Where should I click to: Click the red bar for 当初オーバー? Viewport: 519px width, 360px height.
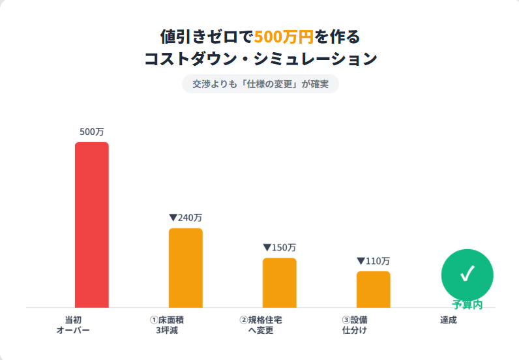coord(91,224)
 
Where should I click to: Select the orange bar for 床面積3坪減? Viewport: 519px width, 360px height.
coord(185,267)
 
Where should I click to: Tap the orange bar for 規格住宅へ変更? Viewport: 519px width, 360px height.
coord(279,282)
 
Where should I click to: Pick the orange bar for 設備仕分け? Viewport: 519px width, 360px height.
coord(373,289)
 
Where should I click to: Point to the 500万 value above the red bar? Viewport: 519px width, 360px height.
coord(91,132)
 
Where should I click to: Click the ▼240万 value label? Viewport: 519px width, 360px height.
coord(185,218)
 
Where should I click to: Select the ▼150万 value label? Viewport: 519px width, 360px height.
coord(279,248)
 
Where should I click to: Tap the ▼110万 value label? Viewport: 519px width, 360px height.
coord(373,261)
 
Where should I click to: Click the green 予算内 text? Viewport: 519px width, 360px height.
coord(467,305)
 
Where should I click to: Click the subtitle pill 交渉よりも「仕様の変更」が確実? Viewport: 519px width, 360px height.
coord(259,84)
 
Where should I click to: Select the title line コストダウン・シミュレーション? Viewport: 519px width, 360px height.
coord(259,59)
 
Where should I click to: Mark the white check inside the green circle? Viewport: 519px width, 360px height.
coord(467,274)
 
